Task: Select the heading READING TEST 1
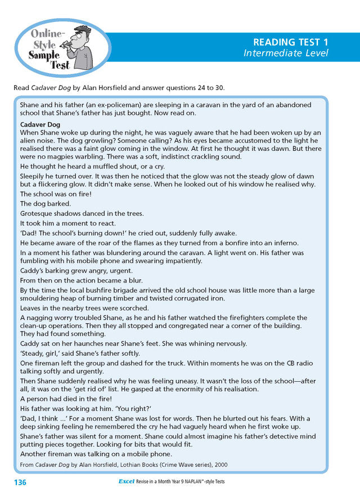[x=290, y=42]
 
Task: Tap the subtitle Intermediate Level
[x=285, y=53]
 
